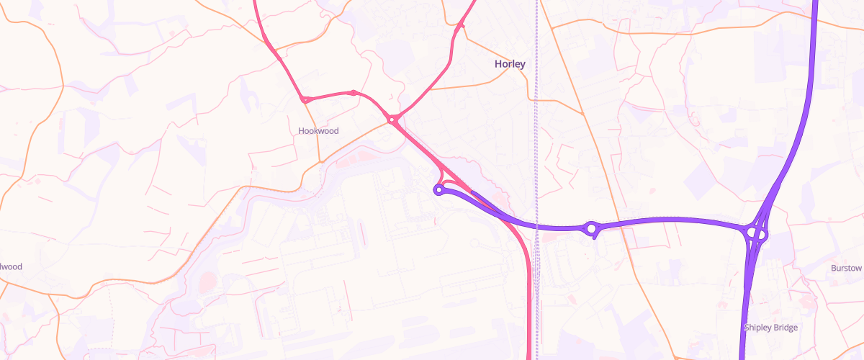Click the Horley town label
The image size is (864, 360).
coord(510,64)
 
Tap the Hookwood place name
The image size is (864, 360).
coord(318,131)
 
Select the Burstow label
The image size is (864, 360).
coord(846,268)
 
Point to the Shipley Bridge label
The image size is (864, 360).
coord(770,328)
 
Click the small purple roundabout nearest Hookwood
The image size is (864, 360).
coord(438,190)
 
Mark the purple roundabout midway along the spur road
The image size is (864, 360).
coord(592,229)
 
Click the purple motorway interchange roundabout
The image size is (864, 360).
coord(757,233)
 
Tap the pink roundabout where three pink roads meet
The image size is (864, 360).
coord(392,120)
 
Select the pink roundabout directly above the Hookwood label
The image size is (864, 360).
coord(307,99)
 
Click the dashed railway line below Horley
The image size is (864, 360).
coord(536,144)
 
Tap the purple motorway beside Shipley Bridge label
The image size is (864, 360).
coord(744,310)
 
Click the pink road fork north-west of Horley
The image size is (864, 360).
coord(458,27)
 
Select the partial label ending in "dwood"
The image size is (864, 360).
coord(10,266)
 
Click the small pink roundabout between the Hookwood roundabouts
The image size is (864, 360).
coord(353,92)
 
